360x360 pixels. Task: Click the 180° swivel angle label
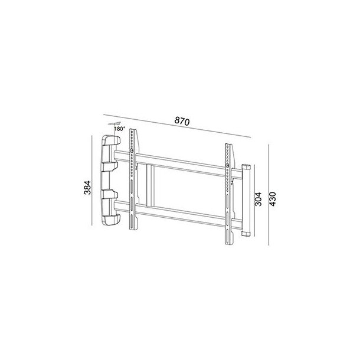tap(119, 128)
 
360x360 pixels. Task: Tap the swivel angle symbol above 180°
tap(113, 123)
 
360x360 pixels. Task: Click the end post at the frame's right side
tap(246, 201)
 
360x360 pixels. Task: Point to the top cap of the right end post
tap(246, 166)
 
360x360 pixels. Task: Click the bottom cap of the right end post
tap(246, 235)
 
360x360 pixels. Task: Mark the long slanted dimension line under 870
tap(177, 126)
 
